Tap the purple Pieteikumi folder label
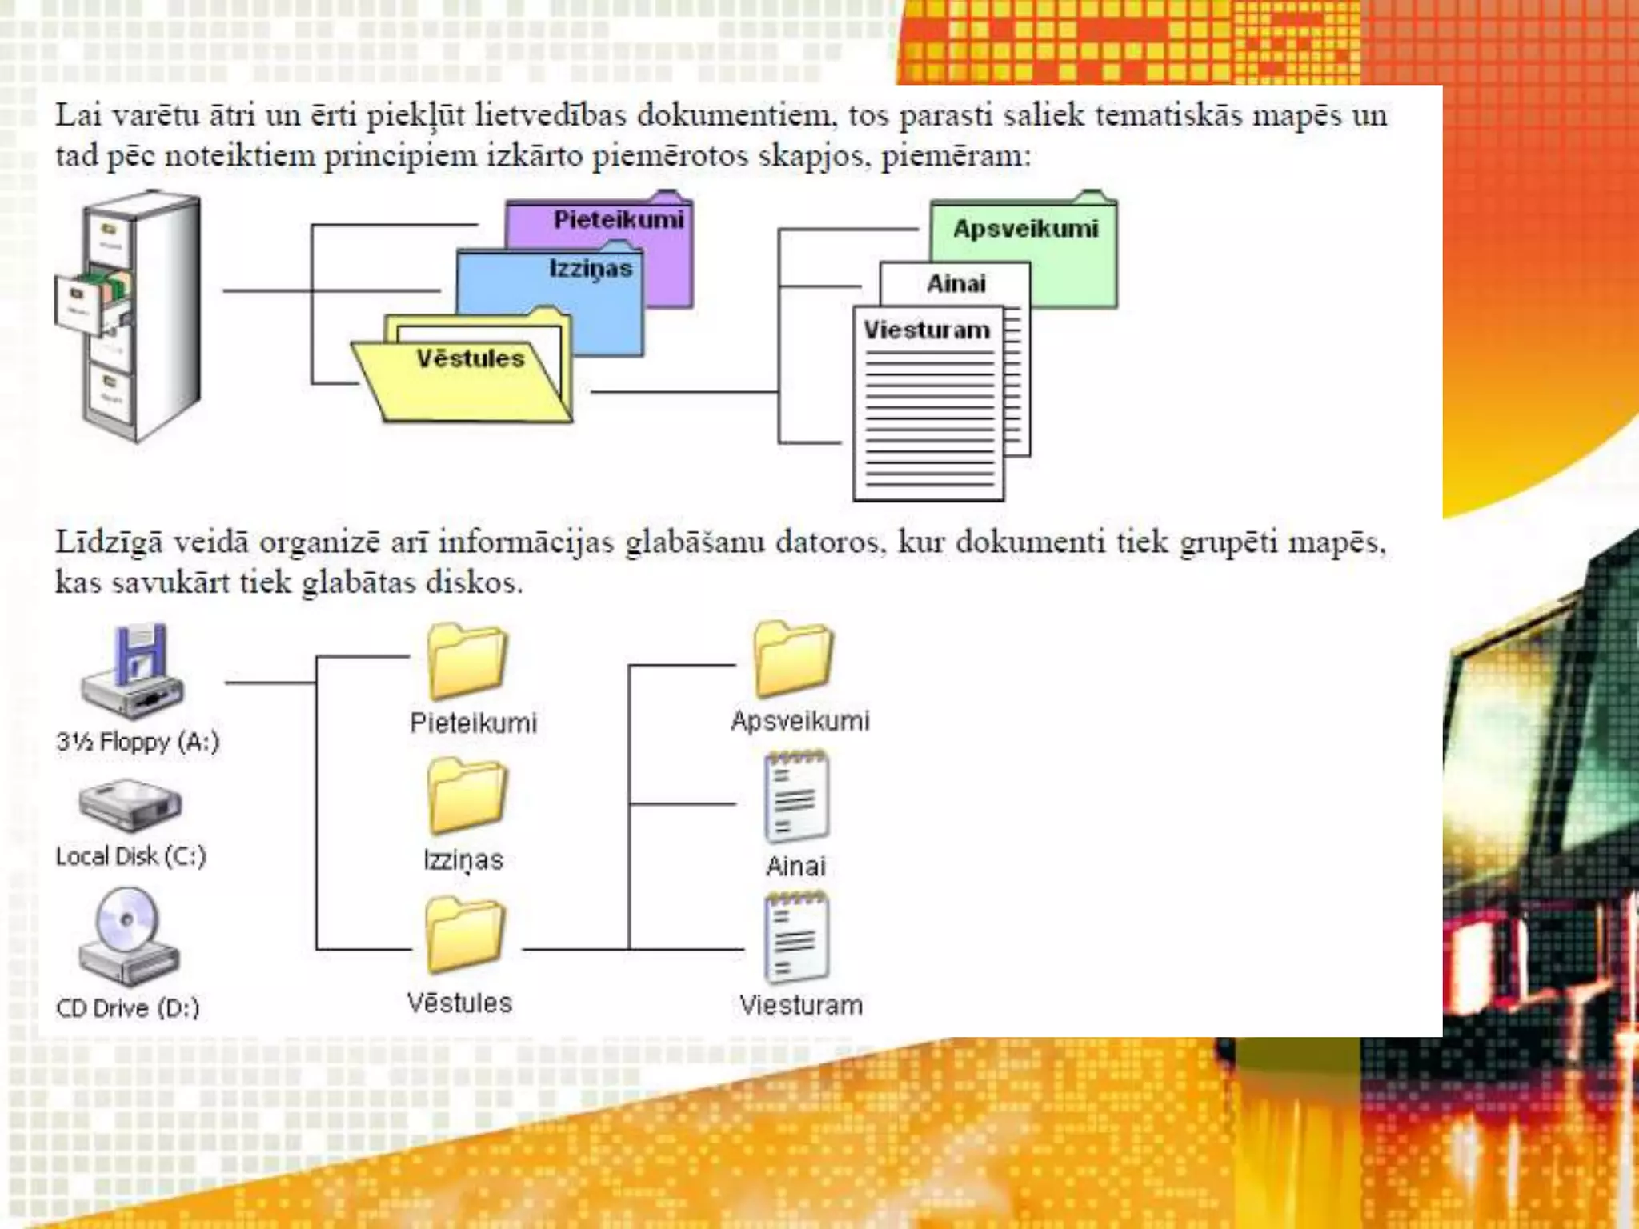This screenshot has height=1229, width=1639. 619,220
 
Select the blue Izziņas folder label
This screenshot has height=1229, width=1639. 591,269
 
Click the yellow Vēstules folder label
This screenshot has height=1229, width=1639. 470,358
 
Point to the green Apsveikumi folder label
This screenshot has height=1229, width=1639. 1025,229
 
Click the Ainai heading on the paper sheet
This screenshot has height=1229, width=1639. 956,284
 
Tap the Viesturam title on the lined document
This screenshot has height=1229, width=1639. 926,330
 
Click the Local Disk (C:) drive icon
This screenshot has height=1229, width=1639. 130,805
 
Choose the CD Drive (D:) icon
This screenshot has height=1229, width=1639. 129,936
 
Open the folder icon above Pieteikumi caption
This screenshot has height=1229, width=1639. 467,661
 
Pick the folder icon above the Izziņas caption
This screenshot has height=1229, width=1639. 467,796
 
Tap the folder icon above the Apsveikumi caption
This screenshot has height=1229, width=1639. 793,659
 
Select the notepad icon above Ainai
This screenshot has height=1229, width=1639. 796,797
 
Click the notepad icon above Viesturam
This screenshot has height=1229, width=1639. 796,938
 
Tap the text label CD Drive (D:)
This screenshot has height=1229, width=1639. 128,1008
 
